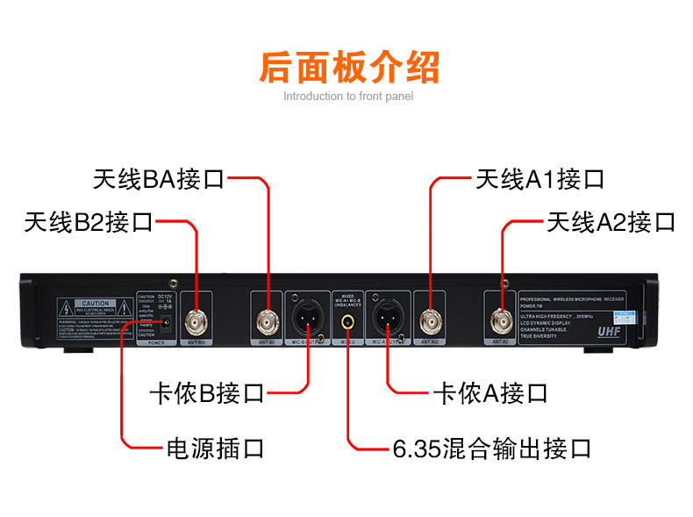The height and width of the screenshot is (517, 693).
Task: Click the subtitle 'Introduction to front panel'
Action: tap(348, 97)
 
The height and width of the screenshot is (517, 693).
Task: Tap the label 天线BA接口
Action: tap(159, 180)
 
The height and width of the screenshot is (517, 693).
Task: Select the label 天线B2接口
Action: tap(89, 222)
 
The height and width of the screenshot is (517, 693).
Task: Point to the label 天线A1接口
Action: tap(539, 180)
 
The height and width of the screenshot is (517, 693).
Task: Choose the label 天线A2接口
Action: tap(611, 222)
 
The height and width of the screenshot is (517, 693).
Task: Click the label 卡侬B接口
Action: tap(207, 392)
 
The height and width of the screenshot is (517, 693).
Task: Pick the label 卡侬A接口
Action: tap(490, 392)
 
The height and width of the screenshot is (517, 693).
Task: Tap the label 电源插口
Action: tap(215, 449)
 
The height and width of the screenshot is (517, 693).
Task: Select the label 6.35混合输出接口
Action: tap(491, 449)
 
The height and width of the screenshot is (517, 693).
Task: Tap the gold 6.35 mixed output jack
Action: tap(348, 321)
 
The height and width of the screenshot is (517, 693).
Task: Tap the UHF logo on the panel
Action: tap(609, 333)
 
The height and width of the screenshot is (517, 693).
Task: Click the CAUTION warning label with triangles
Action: tap(96, 308)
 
